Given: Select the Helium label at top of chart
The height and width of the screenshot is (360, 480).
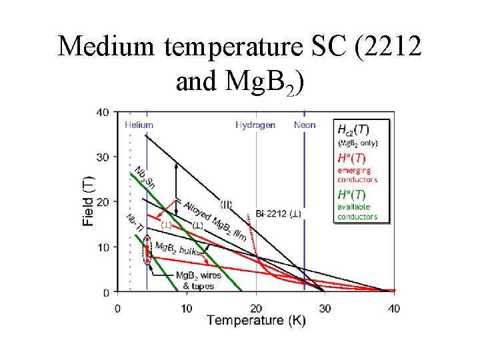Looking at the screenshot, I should coord(139,125).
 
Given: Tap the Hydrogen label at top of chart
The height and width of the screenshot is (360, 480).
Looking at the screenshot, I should coord(255,125).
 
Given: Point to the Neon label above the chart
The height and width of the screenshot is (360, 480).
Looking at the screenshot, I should coord(305,125).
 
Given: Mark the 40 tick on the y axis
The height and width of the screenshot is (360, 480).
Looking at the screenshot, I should coord(103,112).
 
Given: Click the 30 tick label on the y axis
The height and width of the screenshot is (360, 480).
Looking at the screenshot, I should coord(103,157).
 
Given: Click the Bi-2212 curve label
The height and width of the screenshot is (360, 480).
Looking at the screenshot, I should coord(279,214).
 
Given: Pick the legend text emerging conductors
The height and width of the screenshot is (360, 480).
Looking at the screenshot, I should coord(357,175).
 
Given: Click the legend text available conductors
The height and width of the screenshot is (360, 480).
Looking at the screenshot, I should coord(357,212).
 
